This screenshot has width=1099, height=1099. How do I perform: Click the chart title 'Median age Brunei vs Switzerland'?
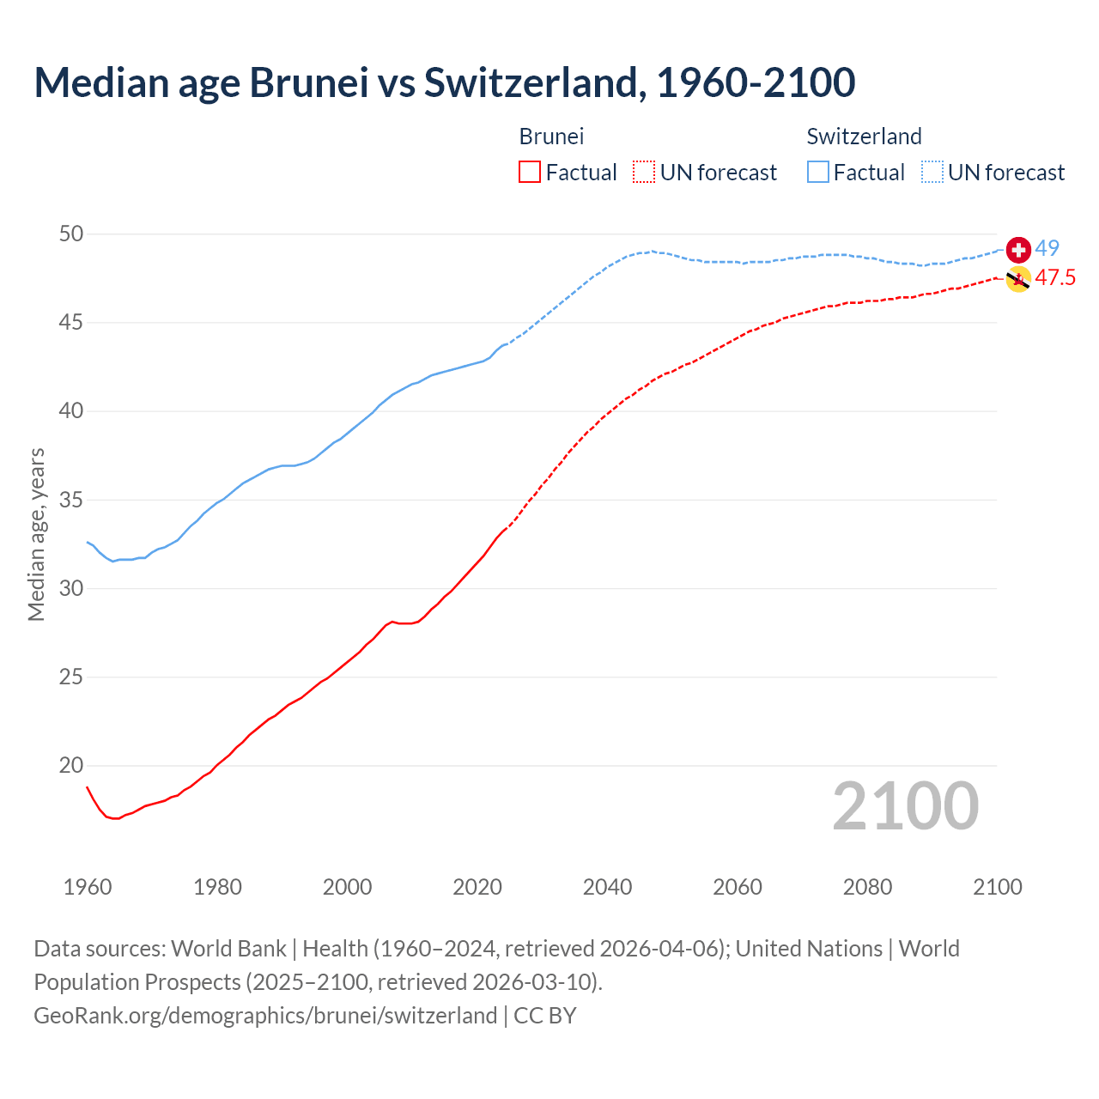[444, 82]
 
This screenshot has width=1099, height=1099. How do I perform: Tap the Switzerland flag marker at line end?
[1018, 250]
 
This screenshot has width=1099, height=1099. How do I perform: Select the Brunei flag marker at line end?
[1018, 279]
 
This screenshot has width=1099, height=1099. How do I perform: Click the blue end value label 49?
[1047, 248]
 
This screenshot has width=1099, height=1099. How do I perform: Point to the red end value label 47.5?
[1055, 277]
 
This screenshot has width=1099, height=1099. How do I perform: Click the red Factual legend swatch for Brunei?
[530, 173]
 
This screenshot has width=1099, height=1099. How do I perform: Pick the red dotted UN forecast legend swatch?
[644, 173]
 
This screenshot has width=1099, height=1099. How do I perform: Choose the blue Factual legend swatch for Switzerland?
[818, 173]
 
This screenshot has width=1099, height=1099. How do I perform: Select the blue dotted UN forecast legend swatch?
[932, 173]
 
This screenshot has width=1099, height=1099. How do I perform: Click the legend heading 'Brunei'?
[551, 137]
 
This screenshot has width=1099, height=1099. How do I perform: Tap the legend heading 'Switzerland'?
[864, 137]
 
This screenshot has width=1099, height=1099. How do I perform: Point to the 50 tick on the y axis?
[72, 234]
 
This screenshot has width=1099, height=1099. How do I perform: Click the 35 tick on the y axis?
[72, 500]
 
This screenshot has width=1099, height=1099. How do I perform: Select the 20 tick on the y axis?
[72, 765]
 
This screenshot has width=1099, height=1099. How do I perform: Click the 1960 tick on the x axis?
[88, 887]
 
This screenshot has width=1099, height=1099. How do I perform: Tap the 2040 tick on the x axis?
[607, 887]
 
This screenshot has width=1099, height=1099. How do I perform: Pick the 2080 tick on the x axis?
[867, 887]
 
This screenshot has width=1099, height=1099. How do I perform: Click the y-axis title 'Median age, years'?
[36, 534]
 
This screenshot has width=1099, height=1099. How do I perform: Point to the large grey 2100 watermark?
[905, 806]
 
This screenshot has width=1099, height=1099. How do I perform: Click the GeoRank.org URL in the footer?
[265, 1016]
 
